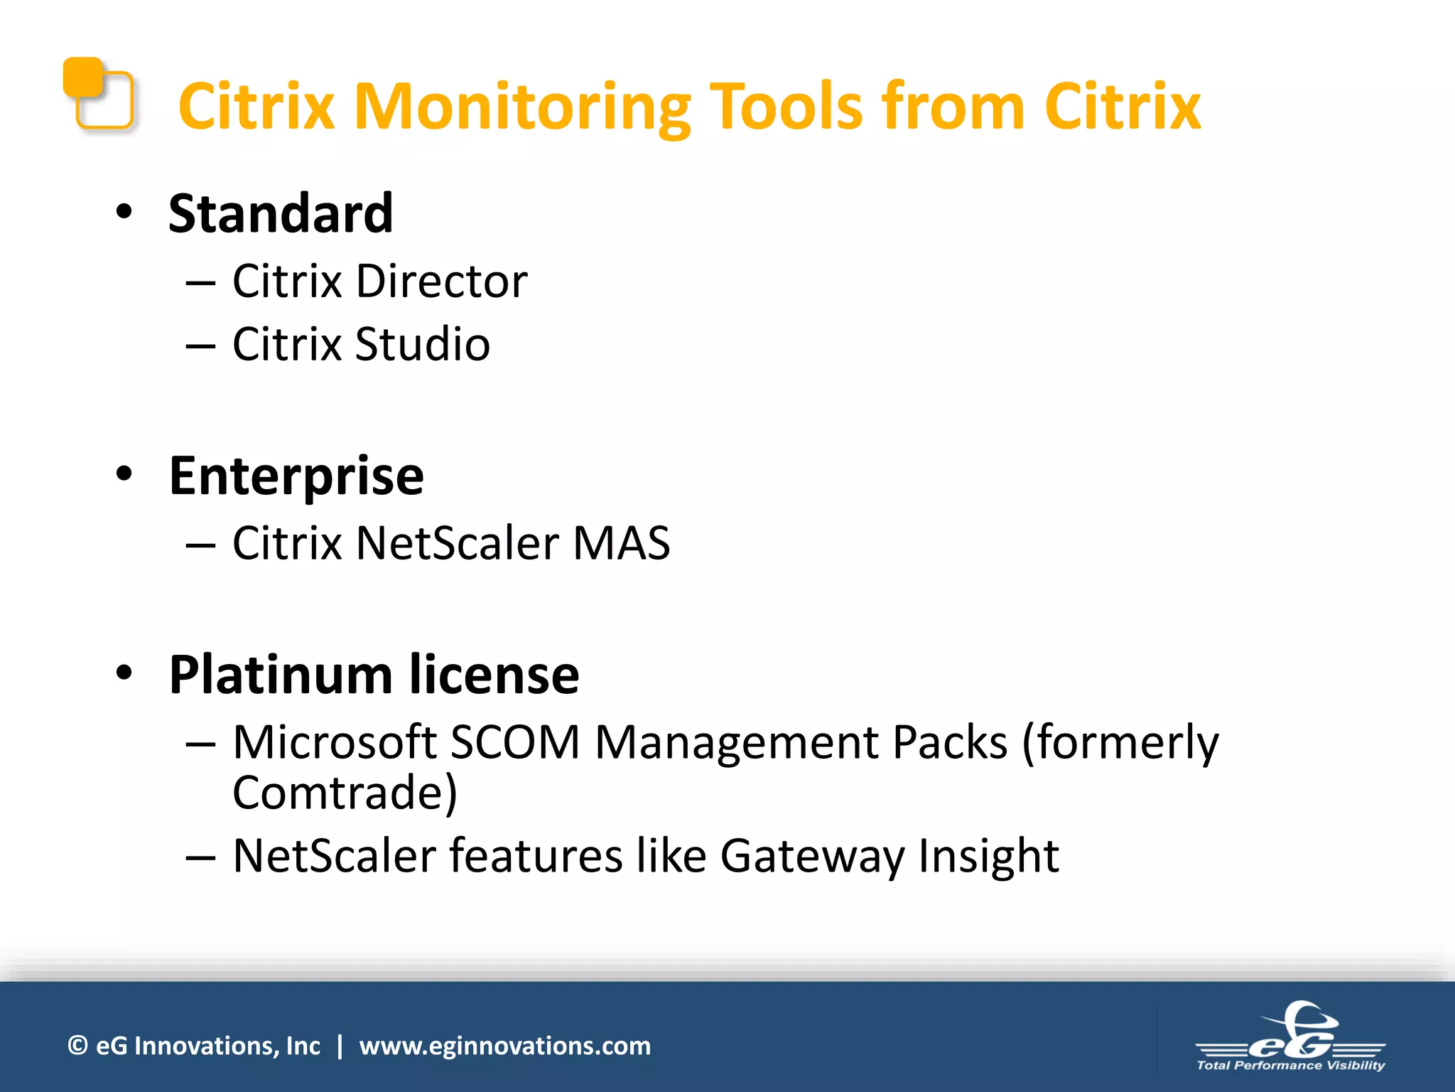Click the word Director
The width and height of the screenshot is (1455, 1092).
442,281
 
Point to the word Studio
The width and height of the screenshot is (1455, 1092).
423,344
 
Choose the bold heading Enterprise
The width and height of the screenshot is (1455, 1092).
296,476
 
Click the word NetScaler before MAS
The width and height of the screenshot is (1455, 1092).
458,543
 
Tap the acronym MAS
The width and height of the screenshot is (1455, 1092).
621,543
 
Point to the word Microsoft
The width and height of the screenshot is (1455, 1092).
335,742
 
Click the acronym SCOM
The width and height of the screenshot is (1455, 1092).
516,742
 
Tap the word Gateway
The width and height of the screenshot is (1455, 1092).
812,855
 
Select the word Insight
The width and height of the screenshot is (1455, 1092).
988,855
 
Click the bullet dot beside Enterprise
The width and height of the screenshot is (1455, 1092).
124,474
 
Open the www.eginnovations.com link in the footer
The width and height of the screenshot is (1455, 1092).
504,1046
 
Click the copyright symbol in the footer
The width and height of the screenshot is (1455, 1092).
77,1046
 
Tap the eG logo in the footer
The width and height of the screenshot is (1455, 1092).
1291,1038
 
